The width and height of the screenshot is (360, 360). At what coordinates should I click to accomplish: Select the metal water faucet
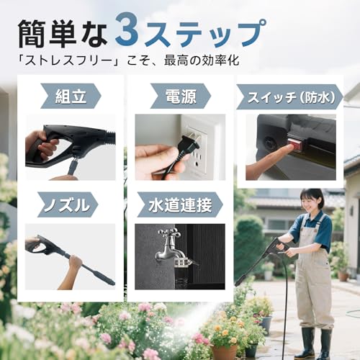pos(171,248)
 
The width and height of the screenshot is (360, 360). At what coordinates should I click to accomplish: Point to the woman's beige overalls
pos(314,281)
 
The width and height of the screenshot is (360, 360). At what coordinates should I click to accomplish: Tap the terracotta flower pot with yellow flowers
pos(225,351)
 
